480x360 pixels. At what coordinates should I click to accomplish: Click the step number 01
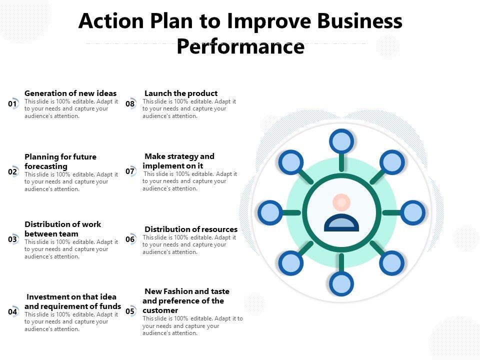click(12, 104)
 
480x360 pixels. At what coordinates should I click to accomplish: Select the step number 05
click(130, 311)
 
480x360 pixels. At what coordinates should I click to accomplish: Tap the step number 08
click(130, 104)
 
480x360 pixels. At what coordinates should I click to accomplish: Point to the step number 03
click(12, 239)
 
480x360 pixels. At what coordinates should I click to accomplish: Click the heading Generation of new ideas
click(70, 93)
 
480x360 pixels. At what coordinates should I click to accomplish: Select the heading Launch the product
click(181, 93)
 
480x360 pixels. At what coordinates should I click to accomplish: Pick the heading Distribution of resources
click(191, 229)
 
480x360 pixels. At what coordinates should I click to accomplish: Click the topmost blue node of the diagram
click(341, 141)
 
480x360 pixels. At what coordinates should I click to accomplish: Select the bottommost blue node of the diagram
click(341, 284)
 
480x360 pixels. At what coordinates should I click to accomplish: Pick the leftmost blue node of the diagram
click(270, 212)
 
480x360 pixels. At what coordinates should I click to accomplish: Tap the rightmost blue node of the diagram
click(413, 212)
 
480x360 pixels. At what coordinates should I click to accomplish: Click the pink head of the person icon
click(341, 202)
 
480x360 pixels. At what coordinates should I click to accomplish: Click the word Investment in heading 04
click(46, 296)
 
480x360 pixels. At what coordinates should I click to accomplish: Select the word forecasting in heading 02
click(46, 166)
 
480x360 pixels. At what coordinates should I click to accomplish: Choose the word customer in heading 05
click(160, 310)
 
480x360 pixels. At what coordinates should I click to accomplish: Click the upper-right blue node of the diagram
click(391, 162)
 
